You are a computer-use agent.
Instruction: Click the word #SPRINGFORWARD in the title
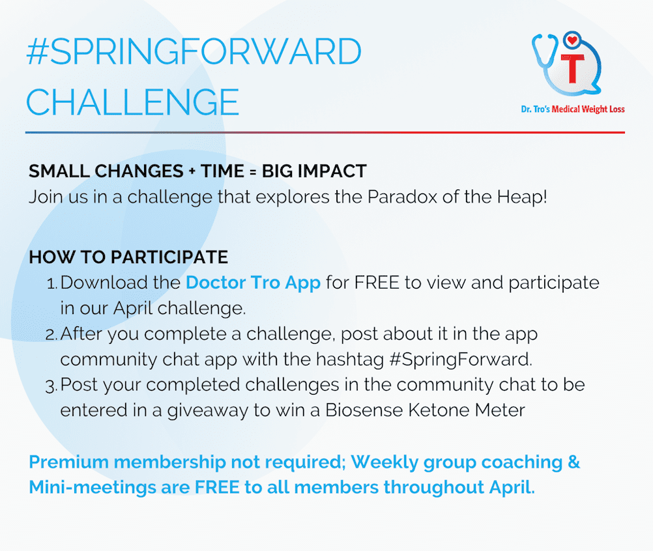coord(194,51)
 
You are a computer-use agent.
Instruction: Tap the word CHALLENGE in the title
coord(133,102)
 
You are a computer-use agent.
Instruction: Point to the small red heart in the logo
coord(572,40)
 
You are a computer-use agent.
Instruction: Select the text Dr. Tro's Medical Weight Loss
coord(573,109)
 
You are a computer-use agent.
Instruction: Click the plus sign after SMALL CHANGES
coord(192,171)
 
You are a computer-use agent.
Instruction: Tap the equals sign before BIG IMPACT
coord(253,171)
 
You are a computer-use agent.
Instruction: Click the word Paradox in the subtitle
coord(402,197)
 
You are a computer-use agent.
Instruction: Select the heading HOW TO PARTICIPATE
coord(128,257)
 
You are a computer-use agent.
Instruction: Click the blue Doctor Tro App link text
coord(254,283)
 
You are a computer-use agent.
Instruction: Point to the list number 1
coord(51,284)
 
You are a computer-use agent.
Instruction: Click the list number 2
coord(51,335)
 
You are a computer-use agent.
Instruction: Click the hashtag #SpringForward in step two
coord(461,360)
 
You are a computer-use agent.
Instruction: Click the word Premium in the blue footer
coord(68,462)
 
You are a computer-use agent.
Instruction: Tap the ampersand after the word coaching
coord(574,462)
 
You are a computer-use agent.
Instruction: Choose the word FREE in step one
coord(377,283)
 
